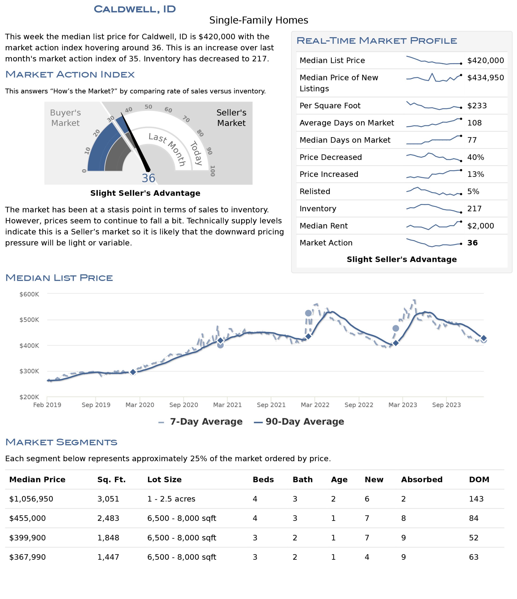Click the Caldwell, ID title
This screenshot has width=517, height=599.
click(x=135, y=9)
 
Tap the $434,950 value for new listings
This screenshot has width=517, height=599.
click(x=485, y=77)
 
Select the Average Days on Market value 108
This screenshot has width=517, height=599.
click(x=474, y=123)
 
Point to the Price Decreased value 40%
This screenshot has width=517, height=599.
click(x=475, y=157)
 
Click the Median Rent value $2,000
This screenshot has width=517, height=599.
click(x=480, y=226)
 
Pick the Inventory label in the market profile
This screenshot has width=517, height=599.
click(x=318, y=209)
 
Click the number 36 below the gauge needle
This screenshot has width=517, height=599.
click(x=148, y=178)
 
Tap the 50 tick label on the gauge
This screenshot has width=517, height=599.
click(x=148, y=107)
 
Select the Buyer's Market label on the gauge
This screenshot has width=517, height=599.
click(x=65, y=118)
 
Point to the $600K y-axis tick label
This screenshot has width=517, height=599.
click(x=29, y=294)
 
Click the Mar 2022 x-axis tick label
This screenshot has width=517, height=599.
click(x=315, y=405)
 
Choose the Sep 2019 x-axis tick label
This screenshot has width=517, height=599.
click(x=96, y=405)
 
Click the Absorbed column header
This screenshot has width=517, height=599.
click(x=421, y=480)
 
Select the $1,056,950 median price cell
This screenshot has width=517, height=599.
click(x=31, y=499)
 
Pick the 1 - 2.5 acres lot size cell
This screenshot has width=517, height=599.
click(x=171, y=499)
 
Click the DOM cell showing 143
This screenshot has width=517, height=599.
click(x=476, y=499)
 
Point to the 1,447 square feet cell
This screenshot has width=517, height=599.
click(x=108, y=557)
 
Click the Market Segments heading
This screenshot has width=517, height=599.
click(x=61, y=442)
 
